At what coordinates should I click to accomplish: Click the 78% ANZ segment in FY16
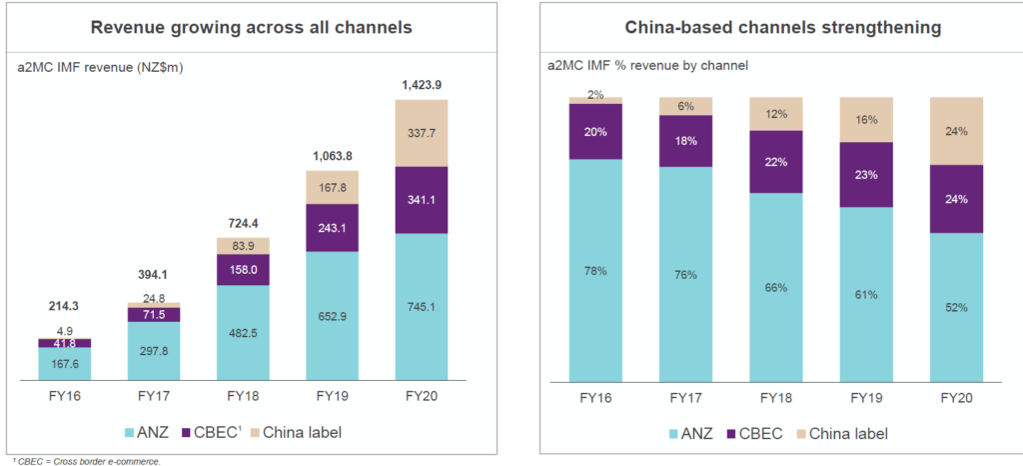click(596, 270)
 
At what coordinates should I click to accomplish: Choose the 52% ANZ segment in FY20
click(956, 307)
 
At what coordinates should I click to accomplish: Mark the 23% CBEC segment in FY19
click(866, 175)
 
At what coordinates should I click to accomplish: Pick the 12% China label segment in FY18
click(776, 113)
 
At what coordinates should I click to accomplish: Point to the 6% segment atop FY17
click(686, 106)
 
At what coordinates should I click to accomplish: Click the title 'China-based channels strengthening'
click(781, 28)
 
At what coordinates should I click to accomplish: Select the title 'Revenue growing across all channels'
click(251, 28)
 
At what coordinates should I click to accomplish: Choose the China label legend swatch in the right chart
click(802, 433)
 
